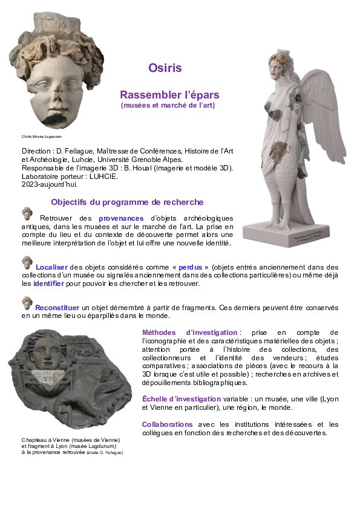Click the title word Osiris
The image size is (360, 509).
tap(165, 68)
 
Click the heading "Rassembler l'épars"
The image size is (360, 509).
tap(169, 95)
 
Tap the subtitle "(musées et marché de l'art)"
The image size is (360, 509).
tap(168, 106)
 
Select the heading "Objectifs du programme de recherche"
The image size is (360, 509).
tap(127, 202)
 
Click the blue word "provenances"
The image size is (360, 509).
tap(121, 218)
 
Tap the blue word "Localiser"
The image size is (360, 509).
tap(51, 267)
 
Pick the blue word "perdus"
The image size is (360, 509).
tap(190, 267)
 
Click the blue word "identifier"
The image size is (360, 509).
tap(48, 284)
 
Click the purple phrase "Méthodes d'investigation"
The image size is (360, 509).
tap(189, 332)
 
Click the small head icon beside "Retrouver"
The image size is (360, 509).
tap(27, 213)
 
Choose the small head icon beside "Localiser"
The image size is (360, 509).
tap(27, 262)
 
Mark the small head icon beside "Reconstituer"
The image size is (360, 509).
tap(27, 303)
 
